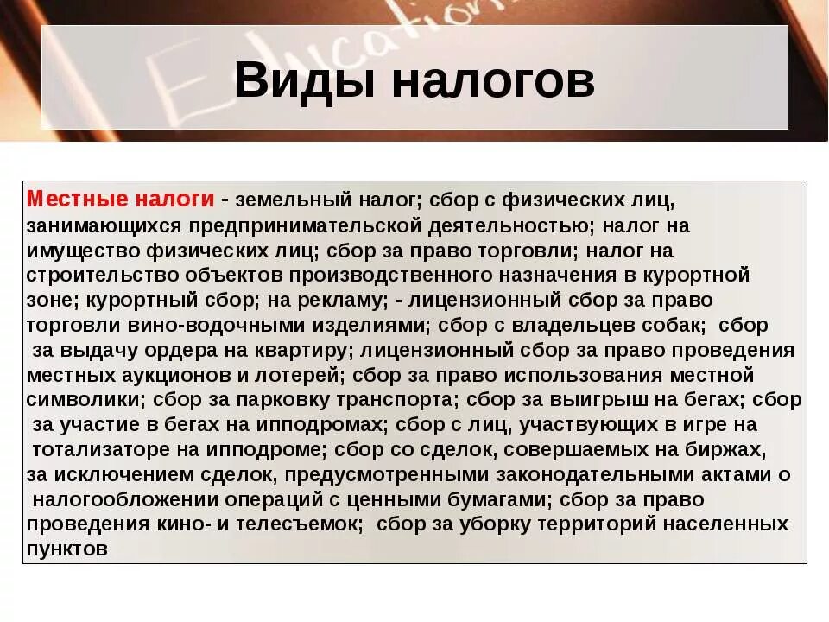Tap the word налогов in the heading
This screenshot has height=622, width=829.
click(494, 82)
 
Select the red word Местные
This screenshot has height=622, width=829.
click(76, 200)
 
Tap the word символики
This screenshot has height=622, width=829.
click(85, 400)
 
